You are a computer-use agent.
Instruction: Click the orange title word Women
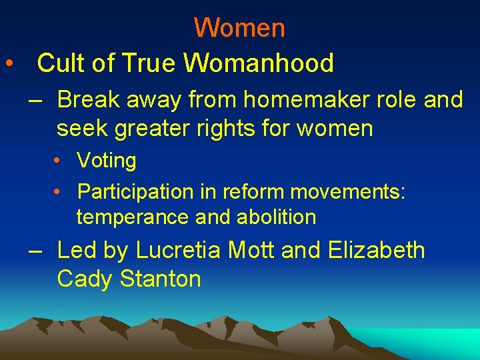tap(239, 28)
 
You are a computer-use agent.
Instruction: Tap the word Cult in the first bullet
tap(60, 63)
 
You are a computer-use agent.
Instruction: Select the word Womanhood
tap(259, 63)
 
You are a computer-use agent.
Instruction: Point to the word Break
tap(87, 100)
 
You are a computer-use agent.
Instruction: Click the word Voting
tap(107, 161)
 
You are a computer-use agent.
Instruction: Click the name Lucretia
tap(179, 251)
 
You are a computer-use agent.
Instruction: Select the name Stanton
tap(160, 279)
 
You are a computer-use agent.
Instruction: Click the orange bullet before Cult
tap(9, 64)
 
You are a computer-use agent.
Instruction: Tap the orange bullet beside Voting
tap(59, 161)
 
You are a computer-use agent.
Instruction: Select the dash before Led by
tap(36, 251)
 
